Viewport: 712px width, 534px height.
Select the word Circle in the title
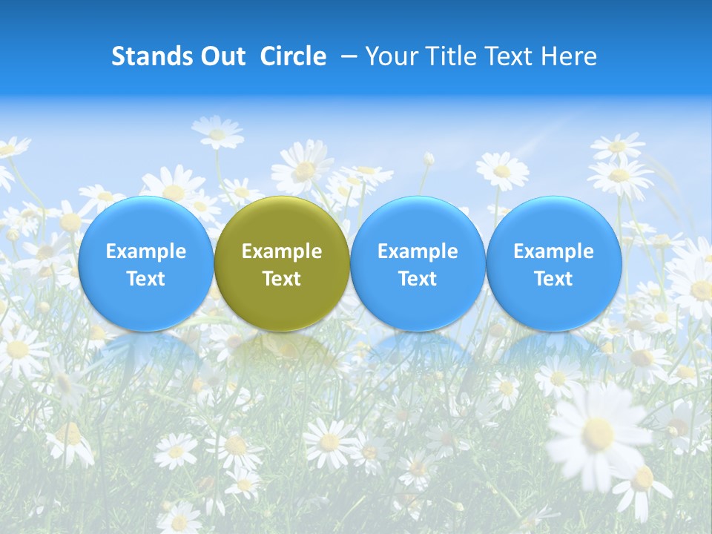coord(293,56)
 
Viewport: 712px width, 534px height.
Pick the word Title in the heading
coord(446,56)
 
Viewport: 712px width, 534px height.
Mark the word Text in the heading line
coord(507,56)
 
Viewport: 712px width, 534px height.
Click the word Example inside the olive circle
coord(282,251)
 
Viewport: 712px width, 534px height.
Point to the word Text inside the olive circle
coord(282,279)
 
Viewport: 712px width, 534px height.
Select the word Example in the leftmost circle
coord(146,251)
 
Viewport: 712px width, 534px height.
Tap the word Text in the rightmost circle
coord(553,279)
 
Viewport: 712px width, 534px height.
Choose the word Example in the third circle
coord(418,251)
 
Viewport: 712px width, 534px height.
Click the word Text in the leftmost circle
coord(146,279)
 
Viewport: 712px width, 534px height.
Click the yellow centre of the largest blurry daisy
coord(598,432)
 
